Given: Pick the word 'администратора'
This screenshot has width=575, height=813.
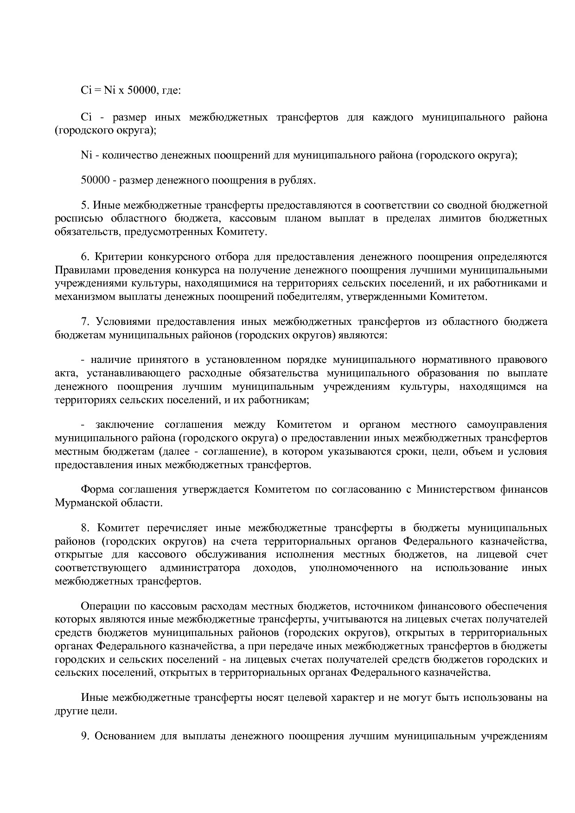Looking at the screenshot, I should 200,568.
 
